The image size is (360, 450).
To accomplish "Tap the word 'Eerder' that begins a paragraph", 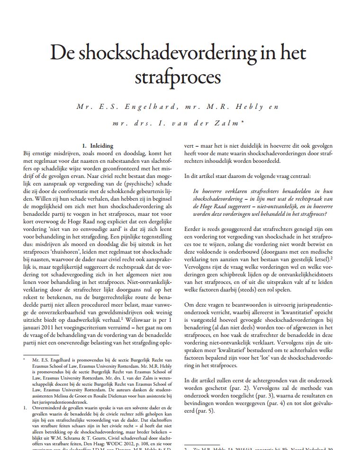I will (193, 229).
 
